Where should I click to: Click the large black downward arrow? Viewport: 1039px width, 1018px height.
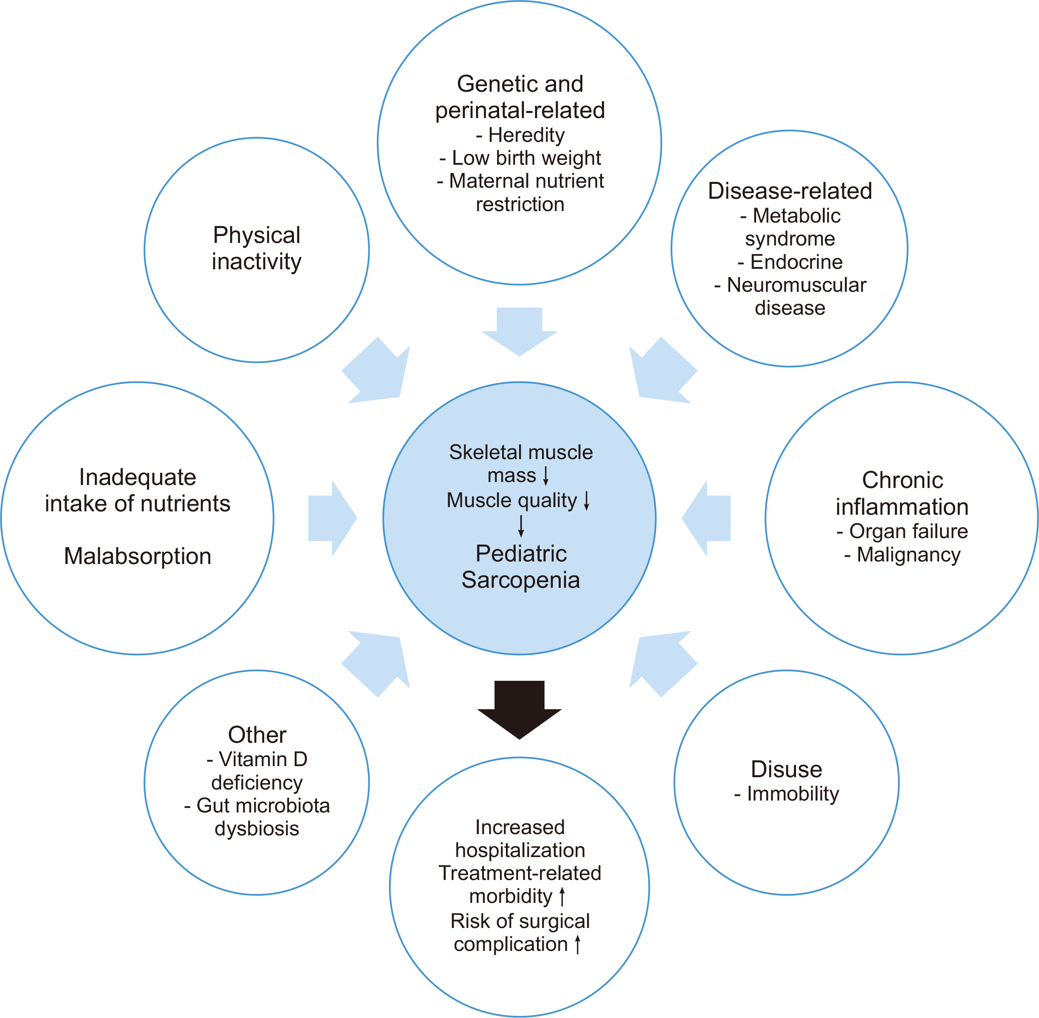[x=519, y=708]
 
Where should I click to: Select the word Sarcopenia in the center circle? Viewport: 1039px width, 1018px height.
[x=520, y=580]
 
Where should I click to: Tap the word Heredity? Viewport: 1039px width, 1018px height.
[x=526, y=135]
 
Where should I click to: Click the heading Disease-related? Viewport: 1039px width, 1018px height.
[x=790, y=191]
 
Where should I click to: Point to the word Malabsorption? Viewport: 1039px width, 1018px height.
[x=138, y=556]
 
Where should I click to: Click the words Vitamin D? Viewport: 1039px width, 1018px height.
[x=263, y=759]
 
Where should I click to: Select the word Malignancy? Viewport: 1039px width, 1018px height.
[x=909, y=555]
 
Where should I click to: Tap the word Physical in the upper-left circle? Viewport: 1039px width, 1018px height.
[x=257, y=235]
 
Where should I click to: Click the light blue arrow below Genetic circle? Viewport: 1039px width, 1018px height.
[x=519, y=330]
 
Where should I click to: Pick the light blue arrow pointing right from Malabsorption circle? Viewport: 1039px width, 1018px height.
[x=332, y=518]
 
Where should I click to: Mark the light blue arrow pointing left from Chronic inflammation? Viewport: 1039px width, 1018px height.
[x=706, y=518]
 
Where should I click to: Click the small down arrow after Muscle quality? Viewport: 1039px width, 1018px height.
[x=587, y=500]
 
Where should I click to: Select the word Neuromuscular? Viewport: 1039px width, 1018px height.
[x=796, y=285]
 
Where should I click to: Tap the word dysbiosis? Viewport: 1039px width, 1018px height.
[x=257, y=828]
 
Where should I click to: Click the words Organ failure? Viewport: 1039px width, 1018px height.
[x=909, y=531]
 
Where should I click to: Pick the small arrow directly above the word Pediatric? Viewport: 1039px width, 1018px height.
[x=521, y=526]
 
